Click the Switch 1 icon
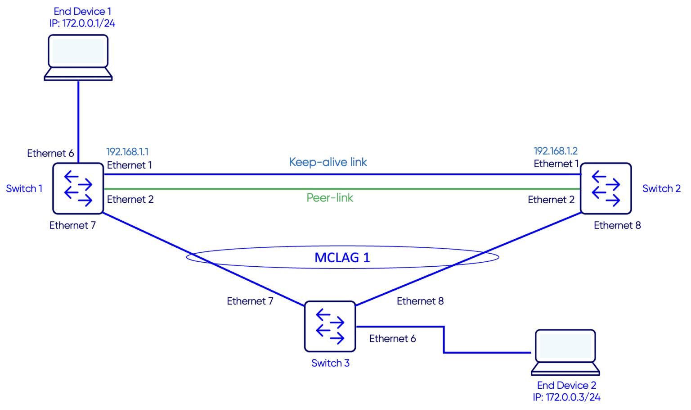coord(78,188)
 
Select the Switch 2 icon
coord(606,188)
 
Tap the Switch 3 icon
coord(330,326)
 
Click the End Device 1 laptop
coord(78,57)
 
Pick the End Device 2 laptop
coord(565,352)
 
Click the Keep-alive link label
coord(328,162)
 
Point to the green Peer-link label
coord(330,198)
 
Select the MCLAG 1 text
coord(342,258)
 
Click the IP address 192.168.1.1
coord(127,152)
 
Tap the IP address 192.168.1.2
coord(556,151)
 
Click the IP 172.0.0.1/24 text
coord(82,23)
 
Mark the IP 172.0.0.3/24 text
coord(566,397)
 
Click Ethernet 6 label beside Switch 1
coord(50,153)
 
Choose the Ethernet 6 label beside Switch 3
coord(392,338)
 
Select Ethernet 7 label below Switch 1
coord(72,225)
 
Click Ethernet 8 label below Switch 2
coord(617,225)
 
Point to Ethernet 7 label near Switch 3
coord(250,301)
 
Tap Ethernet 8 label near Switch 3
coord(420,301)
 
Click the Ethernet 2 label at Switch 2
coord(551,200)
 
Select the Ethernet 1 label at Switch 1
coord(129,165)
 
